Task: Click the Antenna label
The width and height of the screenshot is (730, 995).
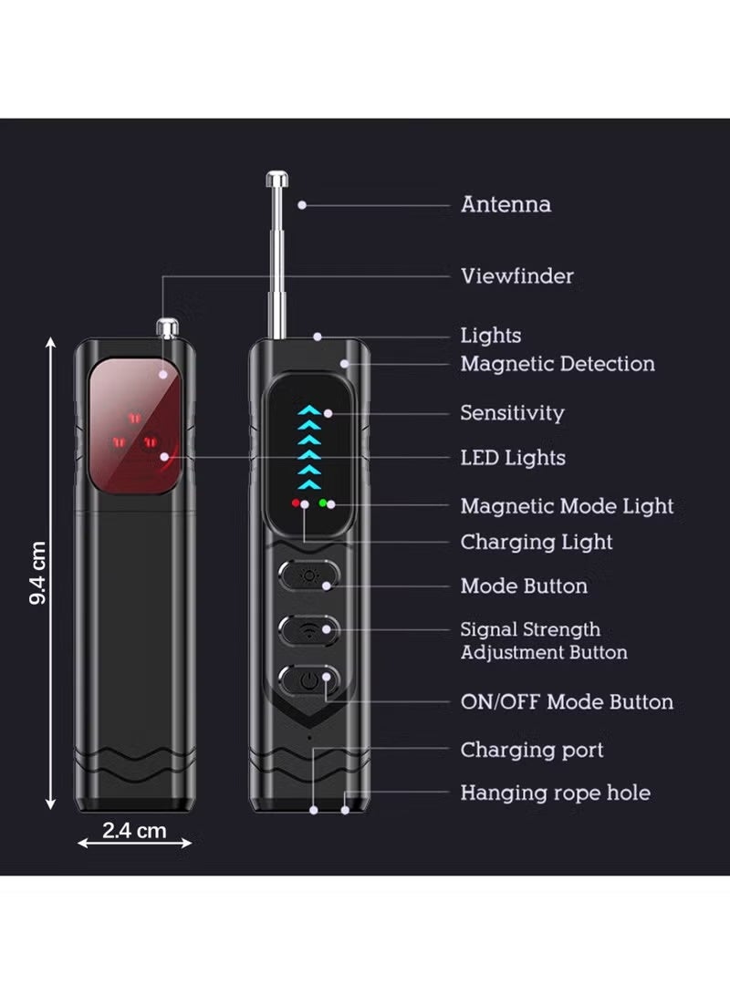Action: pos(506,204)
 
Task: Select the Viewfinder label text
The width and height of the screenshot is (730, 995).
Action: pos(517,276)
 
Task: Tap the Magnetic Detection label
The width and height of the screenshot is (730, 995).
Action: pos(558,364)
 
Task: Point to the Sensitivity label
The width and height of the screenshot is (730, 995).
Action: pos(512,413)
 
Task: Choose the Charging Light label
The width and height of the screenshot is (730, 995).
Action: pos(537,542)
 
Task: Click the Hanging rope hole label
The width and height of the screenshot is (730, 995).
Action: pos(556,793)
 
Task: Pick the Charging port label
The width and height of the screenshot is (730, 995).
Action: pos(532,750)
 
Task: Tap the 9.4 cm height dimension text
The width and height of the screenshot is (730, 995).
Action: pos(38,573)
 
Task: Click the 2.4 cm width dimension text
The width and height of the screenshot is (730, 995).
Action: pos(134,831)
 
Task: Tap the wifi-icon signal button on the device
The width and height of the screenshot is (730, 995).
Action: pos(309,630)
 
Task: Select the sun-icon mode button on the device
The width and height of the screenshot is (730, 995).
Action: pos(309,576)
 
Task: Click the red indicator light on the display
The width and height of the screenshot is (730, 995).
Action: pos(296,503)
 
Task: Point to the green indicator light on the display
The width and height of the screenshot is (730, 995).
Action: pos(323,503)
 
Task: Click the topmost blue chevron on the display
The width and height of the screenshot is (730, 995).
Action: pos(309,409)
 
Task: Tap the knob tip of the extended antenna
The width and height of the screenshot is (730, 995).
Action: pos(277,179)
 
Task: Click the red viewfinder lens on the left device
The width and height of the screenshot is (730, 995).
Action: pos(134,427)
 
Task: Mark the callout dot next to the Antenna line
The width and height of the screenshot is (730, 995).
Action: pos(302,205)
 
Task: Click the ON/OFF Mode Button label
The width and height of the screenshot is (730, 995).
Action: pos(567,702)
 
